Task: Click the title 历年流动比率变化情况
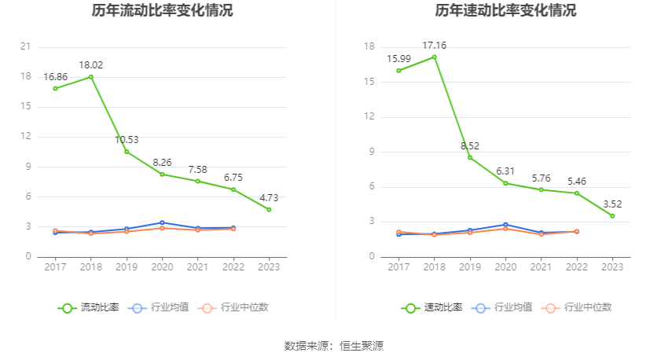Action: [x=162, y=11]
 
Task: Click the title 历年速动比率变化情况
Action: [x=505, y=11]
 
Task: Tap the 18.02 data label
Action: [x=90, y=65]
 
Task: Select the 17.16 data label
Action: [x=434, y=46]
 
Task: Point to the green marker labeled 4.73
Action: [x=269, y=209]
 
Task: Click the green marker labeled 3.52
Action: [x=612, y=215]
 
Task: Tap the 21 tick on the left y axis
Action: [x=25, y=46]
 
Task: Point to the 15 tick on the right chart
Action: [x=369, y=82]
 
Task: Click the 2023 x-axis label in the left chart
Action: [x=269, y=267]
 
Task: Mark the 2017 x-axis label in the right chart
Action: [x=398, y=267]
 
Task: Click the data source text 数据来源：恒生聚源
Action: [x=334, y=346]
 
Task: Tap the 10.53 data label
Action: [x=127, y=140]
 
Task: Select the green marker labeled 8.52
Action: [x=470, y=157]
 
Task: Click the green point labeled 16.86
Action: [x=55, y=88]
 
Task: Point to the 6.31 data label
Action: [x=505, y=171]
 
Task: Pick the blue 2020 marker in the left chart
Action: [x=162, y=222]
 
